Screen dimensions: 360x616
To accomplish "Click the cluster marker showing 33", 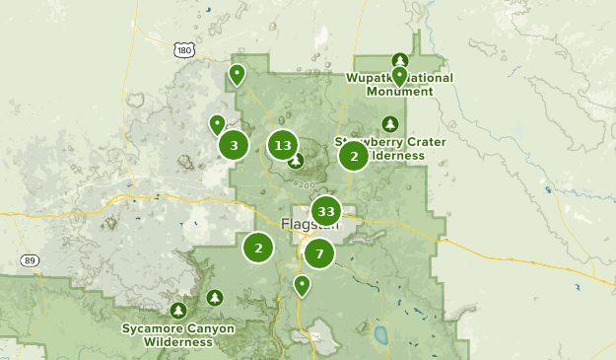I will (326, 211).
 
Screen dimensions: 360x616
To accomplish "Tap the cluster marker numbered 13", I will (283, 146).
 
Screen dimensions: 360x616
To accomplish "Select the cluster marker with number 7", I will (319, 253).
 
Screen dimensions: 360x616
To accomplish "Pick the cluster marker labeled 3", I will (234, 146).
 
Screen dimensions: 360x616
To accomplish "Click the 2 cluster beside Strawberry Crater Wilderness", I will (354, 156).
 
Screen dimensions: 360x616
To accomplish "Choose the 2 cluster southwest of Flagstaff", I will (258, 248).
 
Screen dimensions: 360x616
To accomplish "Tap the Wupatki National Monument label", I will (399, 85).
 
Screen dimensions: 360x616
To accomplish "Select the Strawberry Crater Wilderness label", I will (390, 149).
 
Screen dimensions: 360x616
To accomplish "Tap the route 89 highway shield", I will (30, 260).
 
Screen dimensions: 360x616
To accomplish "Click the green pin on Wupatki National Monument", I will (399, 75).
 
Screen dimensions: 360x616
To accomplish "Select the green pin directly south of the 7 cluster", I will (303, 285).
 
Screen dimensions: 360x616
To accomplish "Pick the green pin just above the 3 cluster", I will (217, 123).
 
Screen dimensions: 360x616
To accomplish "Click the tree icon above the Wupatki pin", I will (399, 59).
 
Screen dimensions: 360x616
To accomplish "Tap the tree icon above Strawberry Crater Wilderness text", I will (390, 123).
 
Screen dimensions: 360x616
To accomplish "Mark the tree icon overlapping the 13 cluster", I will (295, 160).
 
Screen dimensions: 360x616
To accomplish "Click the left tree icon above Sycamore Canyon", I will (178, 311).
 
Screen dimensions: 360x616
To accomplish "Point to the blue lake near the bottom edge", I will (379, 334).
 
